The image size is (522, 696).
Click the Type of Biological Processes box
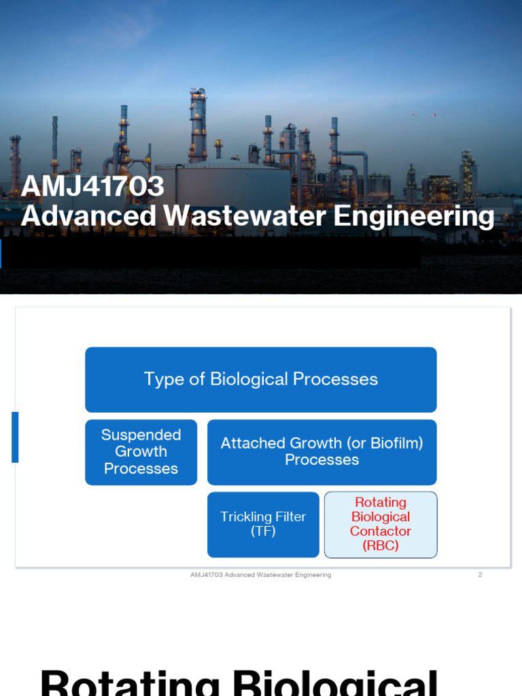[x=260, y=379]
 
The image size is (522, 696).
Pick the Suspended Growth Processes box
[x=141, y=452]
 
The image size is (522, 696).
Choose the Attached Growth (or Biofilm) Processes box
[x=321, y=452]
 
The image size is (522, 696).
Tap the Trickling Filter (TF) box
[x=263, y=525]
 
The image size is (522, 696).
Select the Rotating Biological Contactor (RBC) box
[x=381, y=525]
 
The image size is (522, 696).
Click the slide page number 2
[x=480, y=575]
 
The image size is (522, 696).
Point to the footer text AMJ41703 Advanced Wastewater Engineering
[x=260, y=575]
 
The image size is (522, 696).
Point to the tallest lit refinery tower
[x=198, y=126]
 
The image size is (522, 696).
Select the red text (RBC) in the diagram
[x=381, y=546]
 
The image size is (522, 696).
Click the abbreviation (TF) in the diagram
[x=263, y=532]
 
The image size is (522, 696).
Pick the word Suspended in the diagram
[x=141, y=435]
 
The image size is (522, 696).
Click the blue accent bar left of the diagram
[x=15, y=437]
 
